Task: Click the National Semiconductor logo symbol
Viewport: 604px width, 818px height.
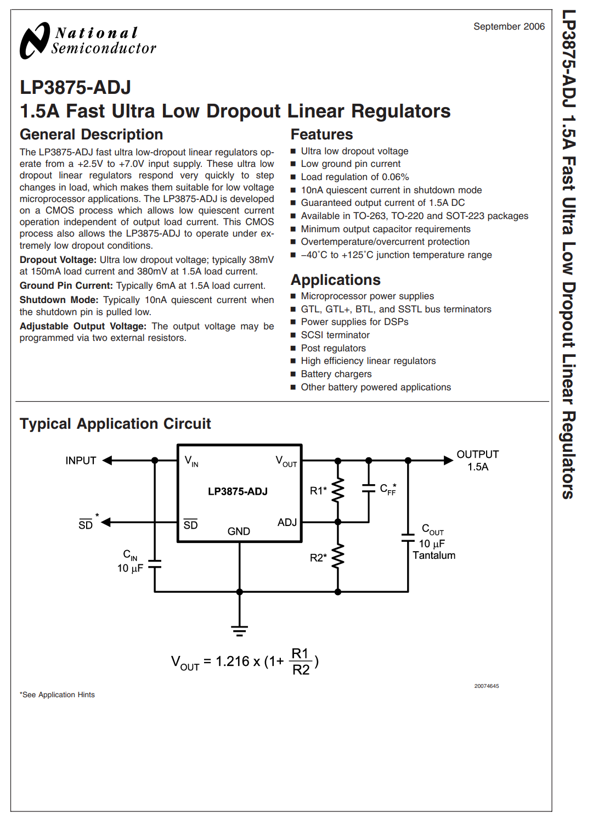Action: click(35, 41)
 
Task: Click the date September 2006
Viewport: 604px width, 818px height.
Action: click(509, 26)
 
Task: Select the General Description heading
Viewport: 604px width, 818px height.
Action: click(91, 135)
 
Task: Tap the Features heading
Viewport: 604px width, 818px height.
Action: click(321, 135)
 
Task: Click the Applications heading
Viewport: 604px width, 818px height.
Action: click(335, 280)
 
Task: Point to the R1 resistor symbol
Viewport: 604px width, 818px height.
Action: click(337, 490)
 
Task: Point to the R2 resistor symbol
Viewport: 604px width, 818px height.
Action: click(337, 556)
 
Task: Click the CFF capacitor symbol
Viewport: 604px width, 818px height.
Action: click(369, 489)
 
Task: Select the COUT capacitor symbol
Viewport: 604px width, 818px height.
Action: click(408, 537)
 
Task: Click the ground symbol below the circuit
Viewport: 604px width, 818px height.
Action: click(239, 631)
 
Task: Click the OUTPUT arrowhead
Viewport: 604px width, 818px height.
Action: click(449, 460)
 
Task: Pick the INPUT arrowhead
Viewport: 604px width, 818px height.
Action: click(107, 460)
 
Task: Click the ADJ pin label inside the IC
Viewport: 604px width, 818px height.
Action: click(287, 522)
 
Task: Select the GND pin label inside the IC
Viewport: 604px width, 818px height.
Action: click(239, 531)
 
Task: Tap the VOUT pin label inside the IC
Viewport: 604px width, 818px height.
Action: click(286, 461)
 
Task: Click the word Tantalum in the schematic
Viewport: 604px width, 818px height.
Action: click(434, 556)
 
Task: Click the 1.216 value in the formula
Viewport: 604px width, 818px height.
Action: click(233, 661)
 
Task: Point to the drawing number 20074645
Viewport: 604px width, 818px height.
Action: click(487, 686)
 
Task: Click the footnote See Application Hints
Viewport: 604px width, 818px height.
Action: click(57, 695)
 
